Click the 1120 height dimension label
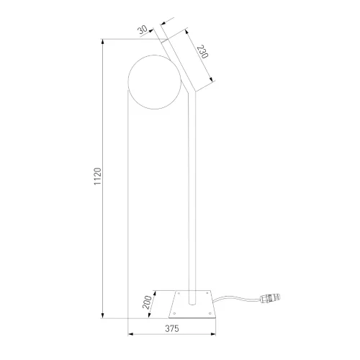coord(98,176)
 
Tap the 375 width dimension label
coord(172,328)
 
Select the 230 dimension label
coord(202,52)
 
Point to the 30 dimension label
coord(143,30)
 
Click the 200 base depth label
coord(147,302)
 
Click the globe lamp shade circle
coord(128,82)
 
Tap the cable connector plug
coord(270,298)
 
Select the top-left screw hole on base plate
coord(179,293)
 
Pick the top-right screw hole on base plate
coord(207,293)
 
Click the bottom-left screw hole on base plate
coord(174,313)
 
